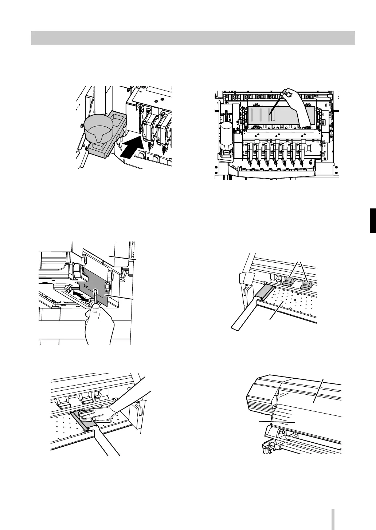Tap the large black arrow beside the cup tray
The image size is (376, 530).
point(131,147)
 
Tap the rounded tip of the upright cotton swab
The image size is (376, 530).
point(95,291)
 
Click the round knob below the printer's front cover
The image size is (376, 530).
point(281,433)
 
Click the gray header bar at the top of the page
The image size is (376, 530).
point(193,38)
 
